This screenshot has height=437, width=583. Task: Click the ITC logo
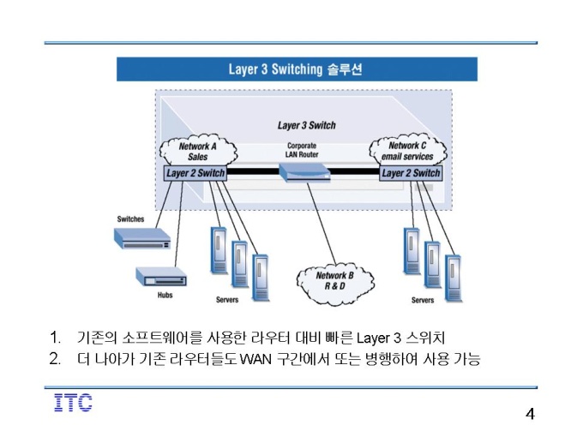[x=73, y=403]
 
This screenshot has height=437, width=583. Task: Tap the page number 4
[x=530, y=414]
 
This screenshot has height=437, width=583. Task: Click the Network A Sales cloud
[x=198, y=150]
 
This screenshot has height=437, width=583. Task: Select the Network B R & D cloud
[x=335, y=283]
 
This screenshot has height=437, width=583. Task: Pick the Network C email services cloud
[x=408, y=150]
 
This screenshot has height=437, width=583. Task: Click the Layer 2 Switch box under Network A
[x=195, y=173]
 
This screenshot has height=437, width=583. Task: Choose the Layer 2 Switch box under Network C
[x=411, y=173]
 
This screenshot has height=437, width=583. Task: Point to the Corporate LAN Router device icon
[x=304, y=173]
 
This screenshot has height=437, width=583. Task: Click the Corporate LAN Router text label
[x=302, y=150]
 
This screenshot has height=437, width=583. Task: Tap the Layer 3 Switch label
[x=307, y=125]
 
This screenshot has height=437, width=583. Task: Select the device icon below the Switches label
[x=142, y=238]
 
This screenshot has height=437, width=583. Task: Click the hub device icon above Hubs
[x=161, y=277]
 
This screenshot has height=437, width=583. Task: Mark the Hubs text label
[x=165, y=295]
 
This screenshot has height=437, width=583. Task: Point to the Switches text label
[x=130, y=218]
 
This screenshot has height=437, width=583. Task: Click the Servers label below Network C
[x=423, y=300]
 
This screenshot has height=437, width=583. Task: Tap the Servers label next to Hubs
[x=227, y=300]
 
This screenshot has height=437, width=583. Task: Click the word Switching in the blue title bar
[x=297, y=69]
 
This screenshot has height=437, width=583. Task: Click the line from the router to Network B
[x=322, y=224]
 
